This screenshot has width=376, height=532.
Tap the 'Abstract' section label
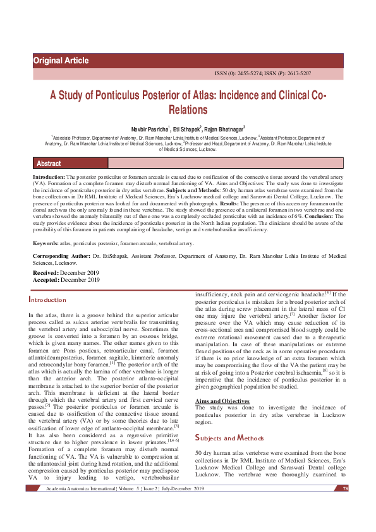pyautogui.click(x=49, y=164)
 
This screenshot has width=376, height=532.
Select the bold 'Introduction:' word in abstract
pyautogui.click(x=49, y=179)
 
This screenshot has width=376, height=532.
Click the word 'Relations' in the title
pyautogui.click(x=188, y=110)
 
